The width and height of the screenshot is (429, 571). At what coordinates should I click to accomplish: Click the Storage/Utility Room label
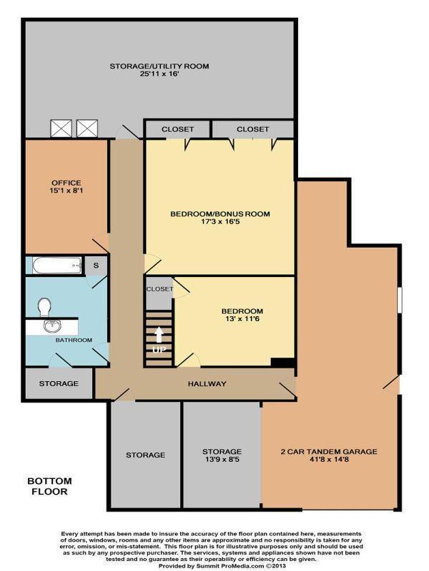[x=159, y=66]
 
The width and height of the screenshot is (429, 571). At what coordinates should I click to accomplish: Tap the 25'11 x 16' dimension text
[x=159, y=74]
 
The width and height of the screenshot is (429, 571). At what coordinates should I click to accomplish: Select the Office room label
[x=66, y=183]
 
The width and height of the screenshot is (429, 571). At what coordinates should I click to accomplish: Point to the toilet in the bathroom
[x=44, y=308]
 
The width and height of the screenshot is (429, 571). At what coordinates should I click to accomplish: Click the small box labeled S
[x=97, y=266]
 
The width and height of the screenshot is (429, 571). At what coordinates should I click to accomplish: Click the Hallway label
[x=207, y=384]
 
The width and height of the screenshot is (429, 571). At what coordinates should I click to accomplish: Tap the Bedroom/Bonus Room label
[x=220, y=213]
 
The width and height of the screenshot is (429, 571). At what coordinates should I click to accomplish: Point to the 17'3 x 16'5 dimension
[x=220, y=222]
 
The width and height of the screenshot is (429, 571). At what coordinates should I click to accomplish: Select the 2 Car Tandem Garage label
[x=328, y=452]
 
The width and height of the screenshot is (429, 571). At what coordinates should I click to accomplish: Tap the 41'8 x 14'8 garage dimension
[x=328, y=460]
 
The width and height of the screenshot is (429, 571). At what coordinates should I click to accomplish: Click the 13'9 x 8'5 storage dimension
[x=221, y=460]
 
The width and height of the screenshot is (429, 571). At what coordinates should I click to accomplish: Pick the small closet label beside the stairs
[x=159, y=289]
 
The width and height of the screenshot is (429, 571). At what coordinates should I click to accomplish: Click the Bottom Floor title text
[x=48, y=486]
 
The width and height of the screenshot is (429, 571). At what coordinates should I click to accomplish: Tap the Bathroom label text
[x=74, y=340]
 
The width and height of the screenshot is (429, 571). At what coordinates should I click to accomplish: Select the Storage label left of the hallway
[x=59, y=384]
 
